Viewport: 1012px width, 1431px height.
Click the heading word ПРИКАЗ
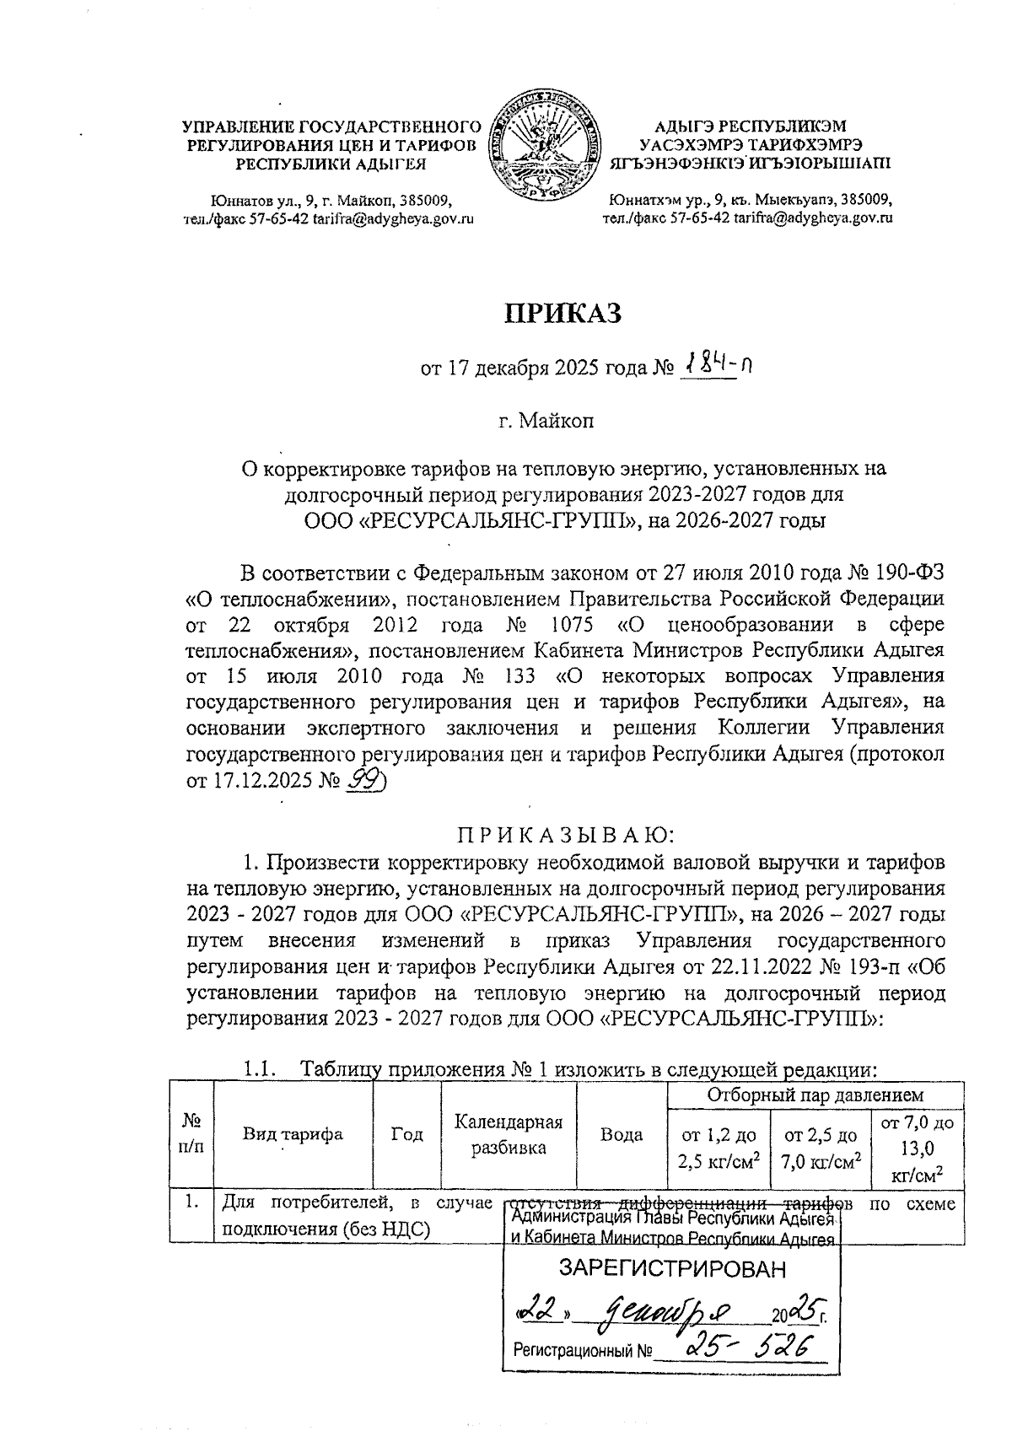point(563,314)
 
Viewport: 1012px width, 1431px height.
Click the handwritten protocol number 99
point(364,782)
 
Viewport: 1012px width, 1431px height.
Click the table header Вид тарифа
point(293,1134)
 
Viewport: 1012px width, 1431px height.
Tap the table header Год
point(407,1134)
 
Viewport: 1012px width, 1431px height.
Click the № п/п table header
point(191,1134)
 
